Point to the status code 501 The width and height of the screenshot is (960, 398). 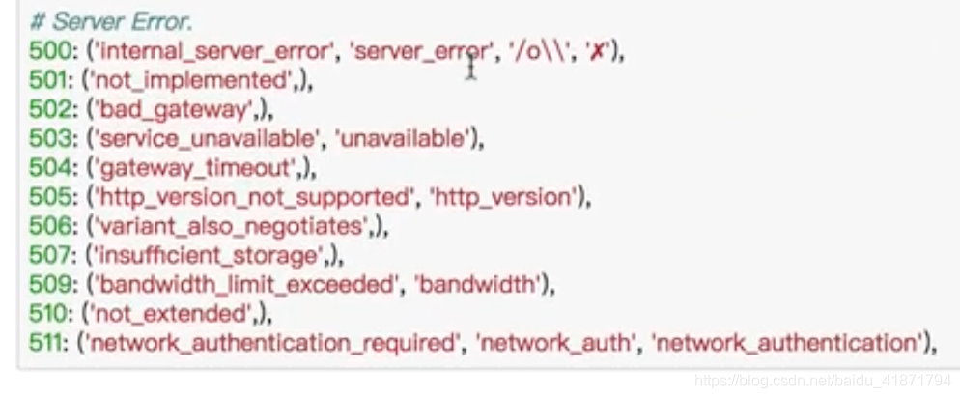point(46,81)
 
